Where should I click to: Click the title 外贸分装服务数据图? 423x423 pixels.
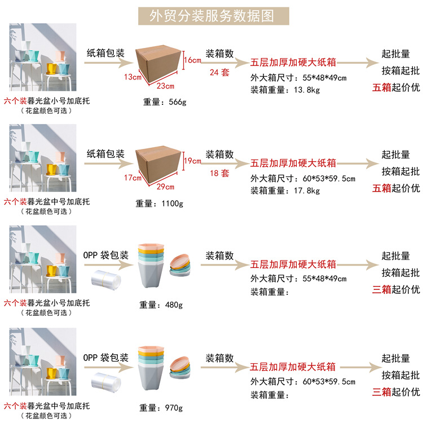pos(212,16)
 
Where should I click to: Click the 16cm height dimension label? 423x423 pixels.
pos(192,60)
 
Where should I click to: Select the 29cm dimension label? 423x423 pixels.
pos(166,187)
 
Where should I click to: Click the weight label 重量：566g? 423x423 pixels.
pos(165,102)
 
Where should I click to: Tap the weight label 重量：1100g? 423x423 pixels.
pos(160,203)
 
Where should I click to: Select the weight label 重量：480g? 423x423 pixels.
pos(161,305)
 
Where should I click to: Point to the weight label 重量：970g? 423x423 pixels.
pos(161,407)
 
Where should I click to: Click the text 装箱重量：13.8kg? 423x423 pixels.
pos(285,89)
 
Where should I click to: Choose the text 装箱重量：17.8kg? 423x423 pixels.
pos(285,191)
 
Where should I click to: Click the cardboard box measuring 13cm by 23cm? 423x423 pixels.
pos(159,63)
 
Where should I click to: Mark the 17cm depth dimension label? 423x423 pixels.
pos(133,178)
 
